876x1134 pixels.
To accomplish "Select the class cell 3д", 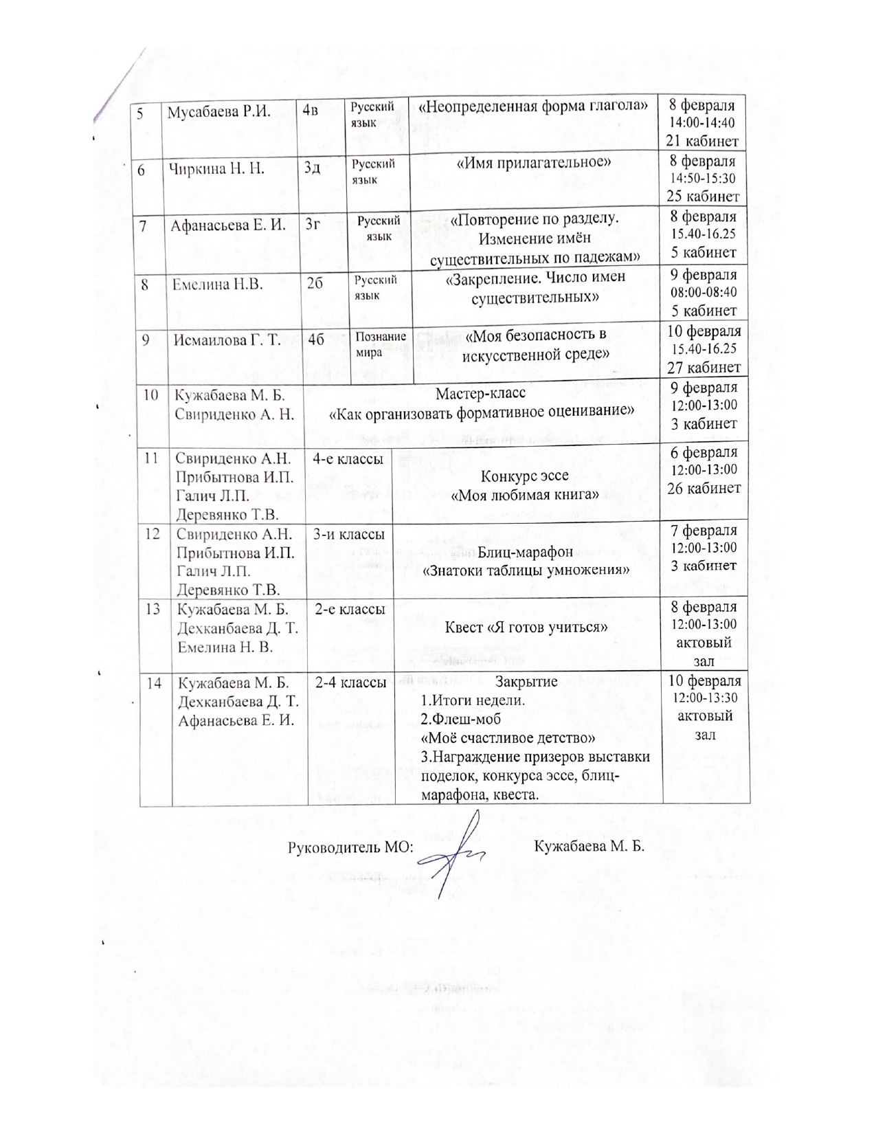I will (x=313, y=168).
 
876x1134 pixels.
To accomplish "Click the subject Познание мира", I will (x=380, y=344).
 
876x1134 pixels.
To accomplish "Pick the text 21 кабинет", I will (x=702, y=141).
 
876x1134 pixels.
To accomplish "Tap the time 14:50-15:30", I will (x=702, y=179).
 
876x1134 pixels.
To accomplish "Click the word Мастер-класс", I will (x=481, y=394).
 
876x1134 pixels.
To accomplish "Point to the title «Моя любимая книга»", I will (x=525, y=495).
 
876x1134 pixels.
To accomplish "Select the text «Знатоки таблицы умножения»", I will (x=527, y=570).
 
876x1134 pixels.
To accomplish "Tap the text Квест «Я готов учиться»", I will (x=527, y=627).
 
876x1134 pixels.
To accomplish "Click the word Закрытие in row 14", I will (x=527, y=682).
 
